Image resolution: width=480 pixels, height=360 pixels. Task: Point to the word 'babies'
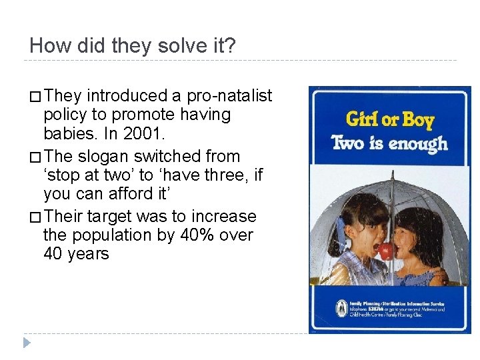coord(68,133)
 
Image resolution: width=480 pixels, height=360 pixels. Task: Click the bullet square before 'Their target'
coord(35,217)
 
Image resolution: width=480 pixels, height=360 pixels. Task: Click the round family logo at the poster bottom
coord(341,309)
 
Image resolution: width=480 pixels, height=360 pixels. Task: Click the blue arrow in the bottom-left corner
coord(26,343)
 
